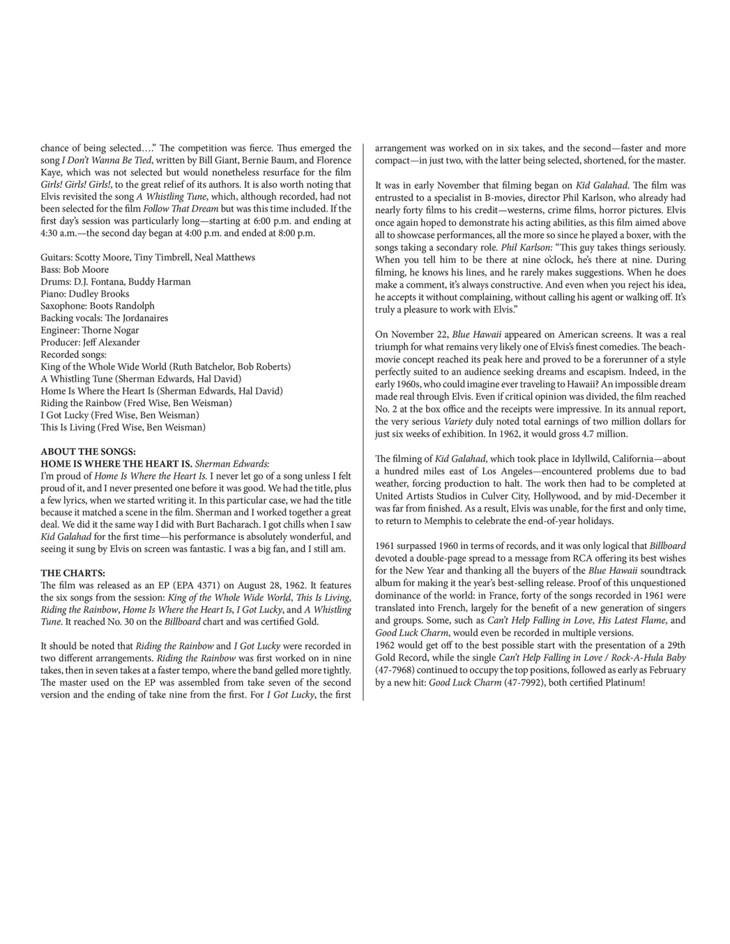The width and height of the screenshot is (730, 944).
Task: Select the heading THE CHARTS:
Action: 73,573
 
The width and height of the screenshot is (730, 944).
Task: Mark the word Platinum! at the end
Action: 621,682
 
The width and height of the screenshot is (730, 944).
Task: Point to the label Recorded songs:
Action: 74,354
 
